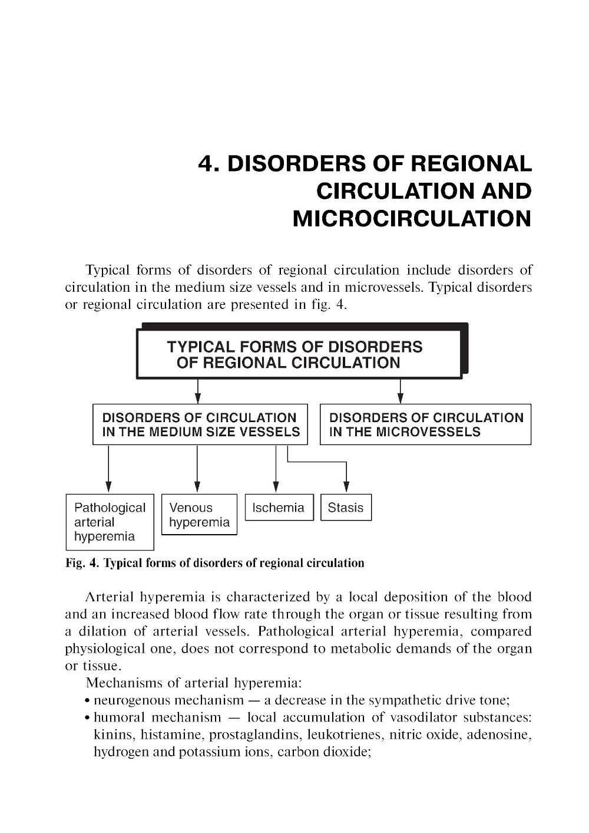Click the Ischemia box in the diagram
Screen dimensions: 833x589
pos(279,508)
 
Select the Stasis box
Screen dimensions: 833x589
pos(346,508)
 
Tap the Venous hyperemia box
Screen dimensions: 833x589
pos(199,515)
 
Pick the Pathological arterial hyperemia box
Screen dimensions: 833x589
pos(110,522)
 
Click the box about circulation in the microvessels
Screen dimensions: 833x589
pos(425,424)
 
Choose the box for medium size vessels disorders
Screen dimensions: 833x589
pos(200,424)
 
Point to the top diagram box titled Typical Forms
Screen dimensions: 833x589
pos(299,354)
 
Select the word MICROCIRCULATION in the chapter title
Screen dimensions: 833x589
pos(412,219)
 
